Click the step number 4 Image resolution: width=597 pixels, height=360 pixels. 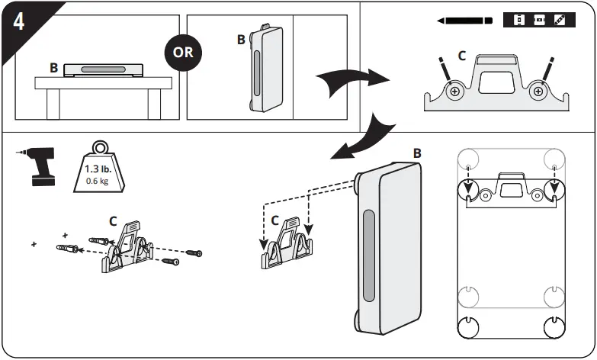(x=18, y=20)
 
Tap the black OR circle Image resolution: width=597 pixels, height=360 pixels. (x=183, y=53)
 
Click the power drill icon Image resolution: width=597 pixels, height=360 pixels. (x=38, y=166)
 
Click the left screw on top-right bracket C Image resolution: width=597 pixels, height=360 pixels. (x=455, y=92)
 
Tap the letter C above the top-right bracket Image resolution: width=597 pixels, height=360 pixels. (x=461, y=56)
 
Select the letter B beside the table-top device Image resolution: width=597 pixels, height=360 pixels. (x=53, y=68)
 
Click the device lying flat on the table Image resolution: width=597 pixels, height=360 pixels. (x=104, y=69)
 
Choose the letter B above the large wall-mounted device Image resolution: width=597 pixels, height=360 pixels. (x=417, y=153)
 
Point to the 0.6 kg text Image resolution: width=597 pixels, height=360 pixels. (x=96, y=181)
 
